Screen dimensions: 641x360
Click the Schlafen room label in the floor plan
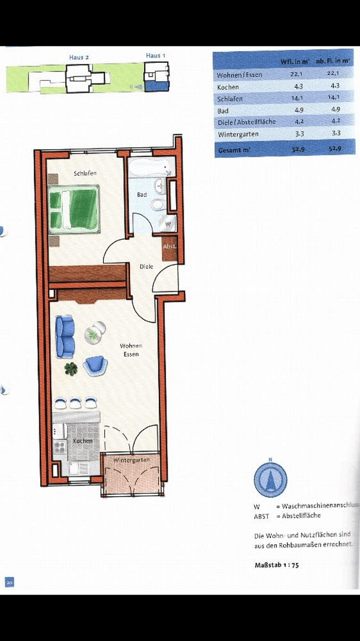[85, 173]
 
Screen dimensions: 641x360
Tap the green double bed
[74, 209]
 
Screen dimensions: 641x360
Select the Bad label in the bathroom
[142, 195]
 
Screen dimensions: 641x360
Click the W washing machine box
[168, 225]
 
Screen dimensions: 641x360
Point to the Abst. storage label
[170, 246]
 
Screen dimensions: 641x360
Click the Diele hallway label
[146, 266]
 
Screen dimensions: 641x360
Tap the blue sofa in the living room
[65, 336]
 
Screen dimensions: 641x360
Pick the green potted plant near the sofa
[71, 369]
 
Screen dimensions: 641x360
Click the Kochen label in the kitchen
[82, 441]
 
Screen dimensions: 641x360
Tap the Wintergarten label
[130, 460]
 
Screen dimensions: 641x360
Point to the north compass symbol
[270, 480]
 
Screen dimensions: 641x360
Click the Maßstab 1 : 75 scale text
[276, 565]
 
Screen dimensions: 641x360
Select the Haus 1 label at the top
[155, 56]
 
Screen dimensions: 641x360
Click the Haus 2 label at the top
[78, 57]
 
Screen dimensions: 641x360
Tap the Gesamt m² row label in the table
[234, 150]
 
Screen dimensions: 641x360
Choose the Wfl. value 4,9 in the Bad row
[294, 110]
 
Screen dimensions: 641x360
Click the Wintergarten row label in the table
[238, 134]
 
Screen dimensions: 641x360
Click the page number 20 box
[9, 582]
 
